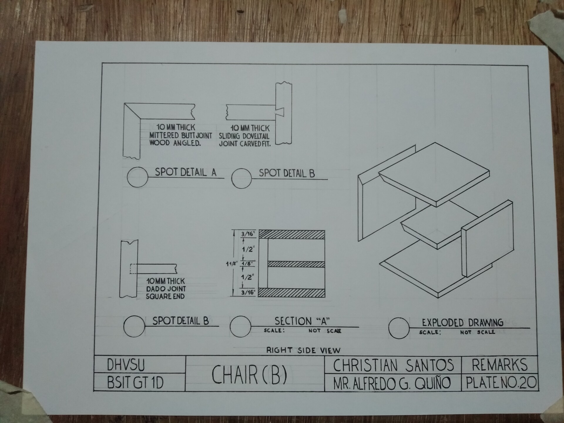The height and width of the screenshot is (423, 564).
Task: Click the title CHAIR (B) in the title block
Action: point(249,375)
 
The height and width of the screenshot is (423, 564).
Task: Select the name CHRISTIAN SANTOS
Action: point(393,365)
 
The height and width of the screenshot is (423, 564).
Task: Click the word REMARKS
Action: point(500,365)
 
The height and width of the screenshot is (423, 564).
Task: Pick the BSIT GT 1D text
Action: point(135,383)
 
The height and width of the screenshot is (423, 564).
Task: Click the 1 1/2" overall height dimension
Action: point(231,263)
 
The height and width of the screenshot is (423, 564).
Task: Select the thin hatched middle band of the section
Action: point(296,264)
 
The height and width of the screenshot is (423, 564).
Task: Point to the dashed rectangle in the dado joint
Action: point(133,268)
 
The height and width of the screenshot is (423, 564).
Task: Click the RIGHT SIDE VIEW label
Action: point(303,350)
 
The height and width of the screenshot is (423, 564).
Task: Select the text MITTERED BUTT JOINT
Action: point(180,135)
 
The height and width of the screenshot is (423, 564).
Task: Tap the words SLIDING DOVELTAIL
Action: point(244,136)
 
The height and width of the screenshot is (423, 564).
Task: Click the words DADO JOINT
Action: point(166,288)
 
